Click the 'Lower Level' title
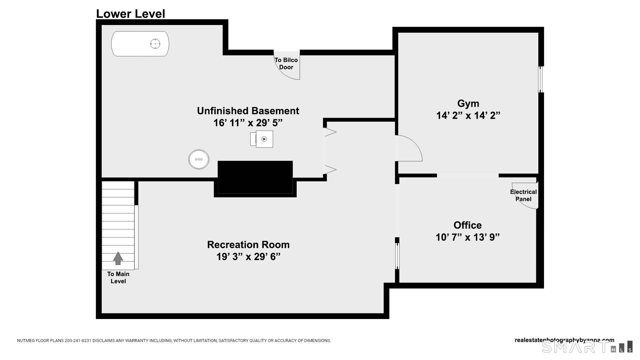(x=130, y=14)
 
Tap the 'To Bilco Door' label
(x=286, y=63)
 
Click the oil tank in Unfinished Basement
(x=140, y=44)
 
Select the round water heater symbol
(x=199, y=159)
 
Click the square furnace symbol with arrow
(x=264, y=139)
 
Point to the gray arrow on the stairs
(x=118, y=258)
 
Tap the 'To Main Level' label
(x=118, y=277)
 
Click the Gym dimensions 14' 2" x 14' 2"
(x=468, y=115)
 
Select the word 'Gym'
(x=468, y=103)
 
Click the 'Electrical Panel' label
(x=523, y=195)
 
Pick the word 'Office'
(x=467, y=225)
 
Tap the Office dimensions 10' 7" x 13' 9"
(x=467, y=237)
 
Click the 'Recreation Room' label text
(x=248, y=244)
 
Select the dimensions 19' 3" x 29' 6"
(x=248, y=257)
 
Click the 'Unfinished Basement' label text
(x=248, y=111)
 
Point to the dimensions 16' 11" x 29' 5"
(x=248, y=123)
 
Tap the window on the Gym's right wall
(x=541, y=79)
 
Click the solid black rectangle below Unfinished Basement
(x=255, y=177)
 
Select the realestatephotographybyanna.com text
(x=564, y=340)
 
